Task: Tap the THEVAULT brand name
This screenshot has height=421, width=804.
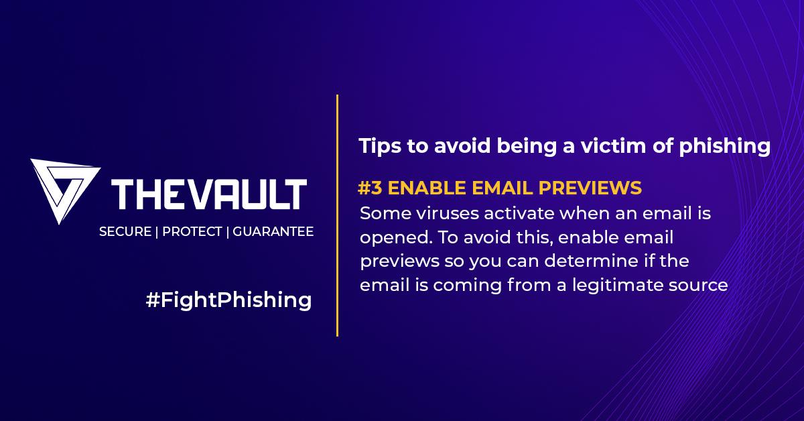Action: click(210, 194)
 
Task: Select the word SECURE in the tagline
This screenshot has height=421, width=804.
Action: click(125, 232)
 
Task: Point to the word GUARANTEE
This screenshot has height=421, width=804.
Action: click(273, 232)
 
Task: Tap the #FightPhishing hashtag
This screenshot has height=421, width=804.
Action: click(228, 300)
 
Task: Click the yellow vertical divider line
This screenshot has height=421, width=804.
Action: click(337, 215)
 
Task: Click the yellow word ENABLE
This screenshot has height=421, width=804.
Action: click(424, 188)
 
